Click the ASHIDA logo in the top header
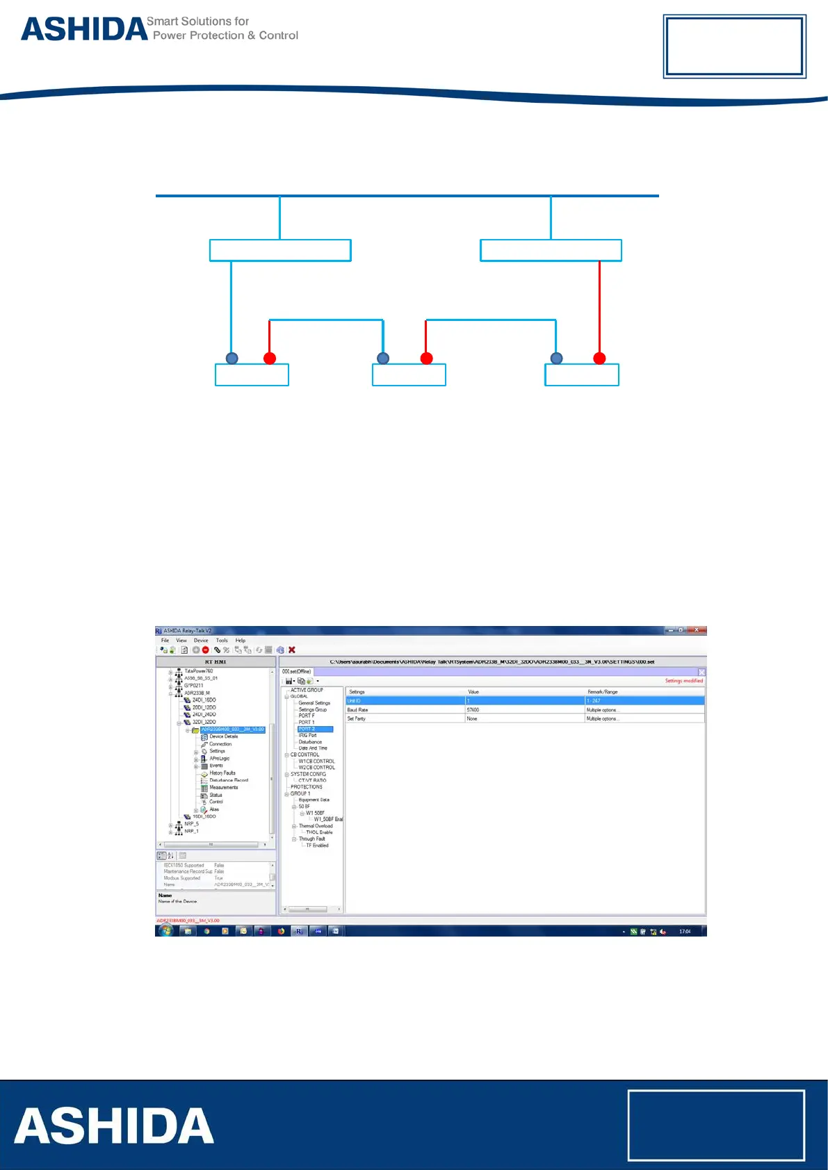(x=83, y=29)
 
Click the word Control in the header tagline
(x=279, y=35)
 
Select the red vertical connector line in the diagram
(x=599, y=306)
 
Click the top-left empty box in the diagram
(x=280, y=250)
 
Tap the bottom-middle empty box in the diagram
(x=409, y=375)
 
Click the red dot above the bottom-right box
(x=599, y=359)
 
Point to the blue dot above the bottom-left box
(x=232, y=359)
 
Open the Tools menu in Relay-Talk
(x=222, y=641)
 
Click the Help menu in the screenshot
(x=241, y=641)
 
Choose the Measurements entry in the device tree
(x=223, y=787)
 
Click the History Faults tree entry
(x=222, y=773)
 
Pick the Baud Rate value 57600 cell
(x=473, y=710)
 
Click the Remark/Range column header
(x=602, y=692)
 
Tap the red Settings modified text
(x=683, y=681)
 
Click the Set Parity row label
(x=357, y=718)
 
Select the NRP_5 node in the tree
(x=191, y=824)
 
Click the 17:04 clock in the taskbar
(x=685, y=931)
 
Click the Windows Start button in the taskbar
(x=165, y=931)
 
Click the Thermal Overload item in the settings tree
(x=316, y=826)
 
